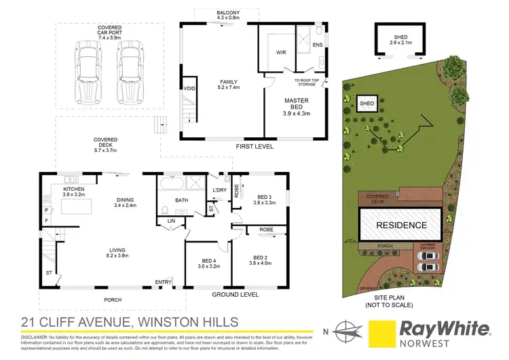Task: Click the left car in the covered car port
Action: coord(87,69)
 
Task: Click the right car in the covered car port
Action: coord(132,69)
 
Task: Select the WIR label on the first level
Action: coord(281,51)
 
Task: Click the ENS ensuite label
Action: coord(317,45)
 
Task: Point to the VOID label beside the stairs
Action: coord(189,88)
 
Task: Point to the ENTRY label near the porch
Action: coord(163,282)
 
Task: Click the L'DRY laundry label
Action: coord(219,190)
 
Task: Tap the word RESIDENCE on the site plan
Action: coord(402,225)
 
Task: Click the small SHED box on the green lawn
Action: coord(367,104)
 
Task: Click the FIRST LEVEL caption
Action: coord(253,146)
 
